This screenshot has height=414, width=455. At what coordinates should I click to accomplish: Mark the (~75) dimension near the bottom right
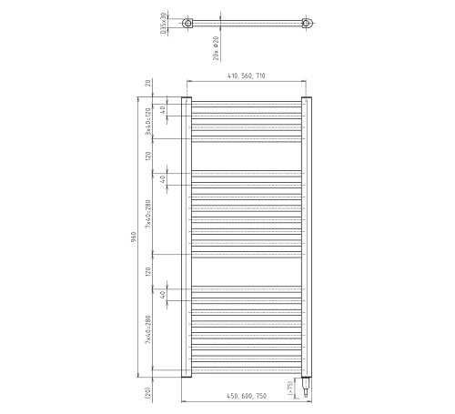pyautogui.click(x=289, y=386)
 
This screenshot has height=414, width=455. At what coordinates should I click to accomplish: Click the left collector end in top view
pyautogui.click(x=187, y=25)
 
